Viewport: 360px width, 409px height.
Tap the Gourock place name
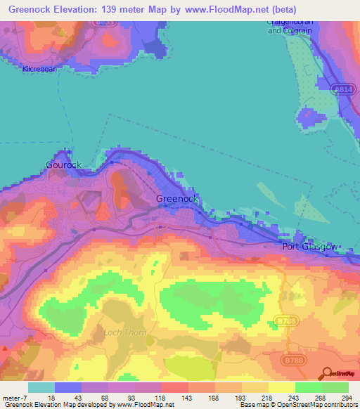64,165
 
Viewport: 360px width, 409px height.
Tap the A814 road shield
342,91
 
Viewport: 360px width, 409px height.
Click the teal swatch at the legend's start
41,387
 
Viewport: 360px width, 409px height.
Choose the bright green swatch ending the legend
335,387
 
